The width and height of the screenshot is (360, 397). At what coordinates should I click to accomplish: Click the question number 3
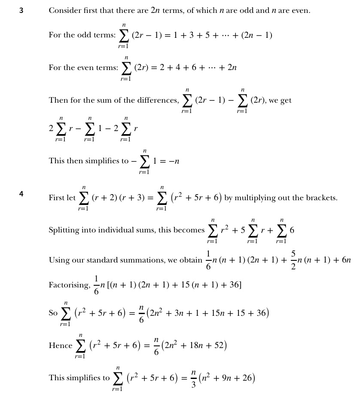pos(21,10)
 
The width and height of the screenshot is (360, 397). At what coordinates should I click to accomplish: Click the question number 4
pos(21,194)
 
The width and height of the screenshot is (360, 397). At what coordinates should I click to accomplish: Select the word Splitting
pos(64,230)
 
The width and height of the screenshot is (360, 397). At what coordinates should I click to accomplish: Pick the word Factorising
pos(69,285)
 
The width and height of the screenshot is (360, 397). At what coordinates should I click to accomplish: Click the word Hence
pos(61,345)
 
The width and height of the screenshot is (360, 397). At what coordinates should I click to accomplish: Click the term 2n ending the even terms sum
pos(232,68)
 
